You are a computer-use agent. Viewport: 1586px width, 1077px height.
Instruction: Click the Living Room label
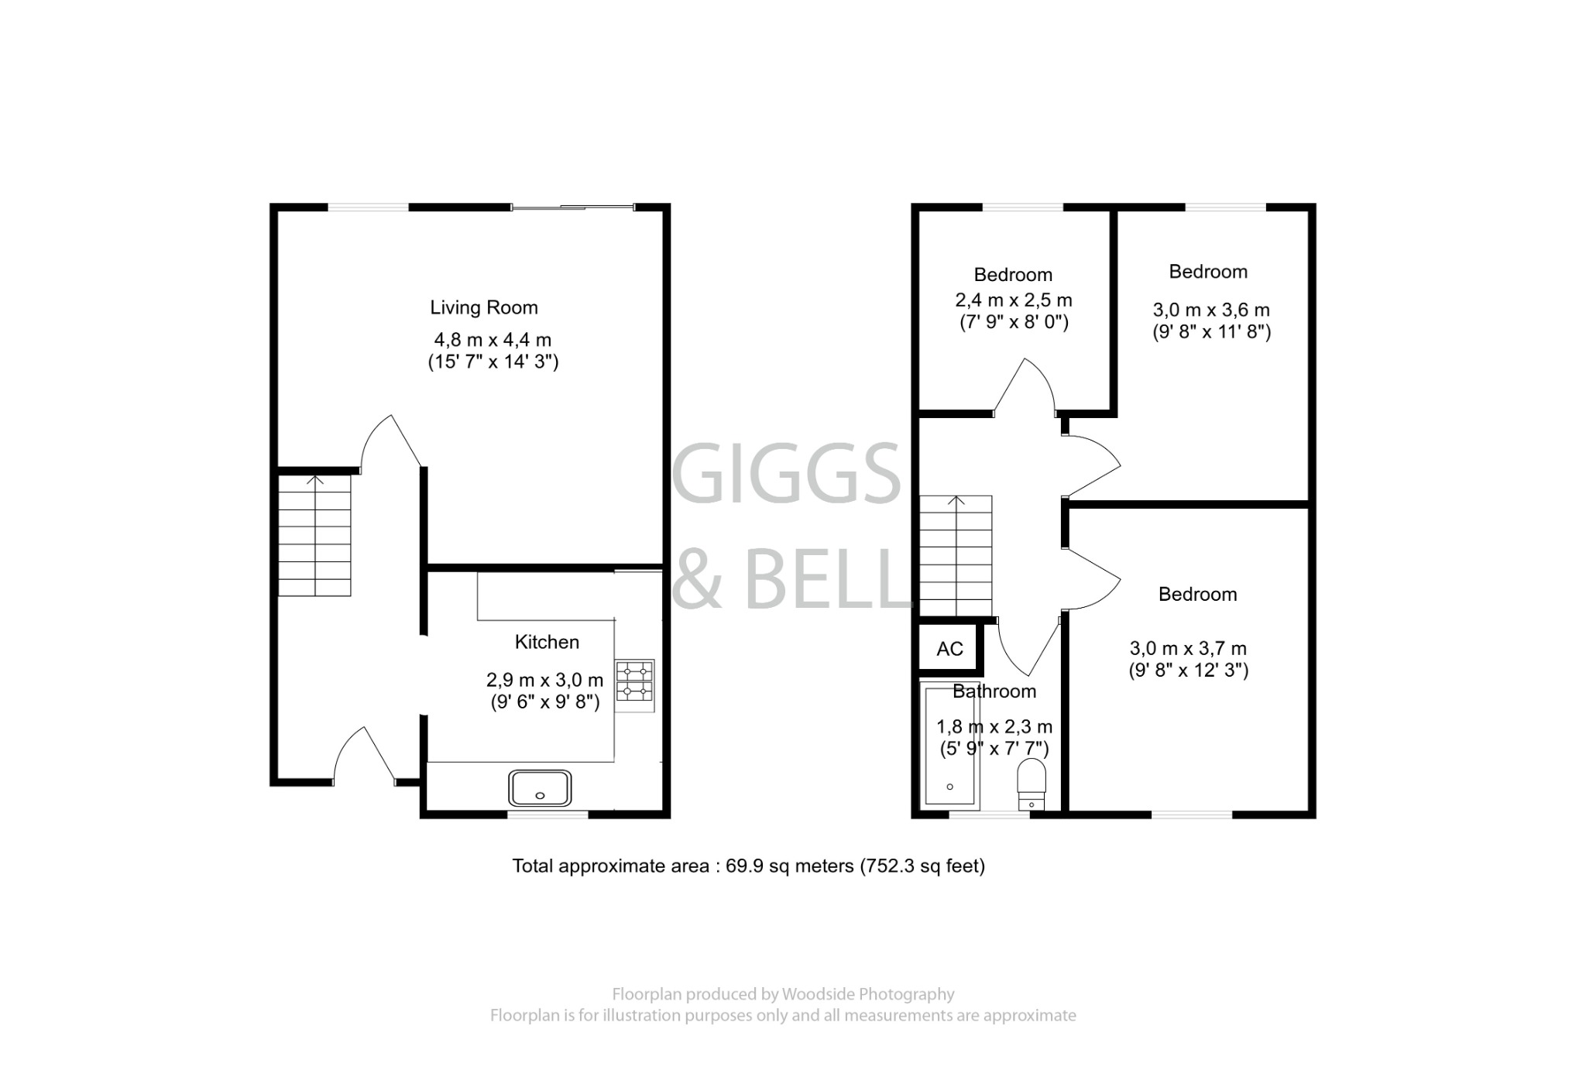(484, 307)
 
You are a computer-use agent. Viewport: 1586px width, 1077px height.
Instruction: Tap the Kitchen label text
(547, 642)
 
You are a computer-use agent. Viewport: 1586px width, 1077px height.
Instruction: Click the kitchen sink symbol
(540, 787)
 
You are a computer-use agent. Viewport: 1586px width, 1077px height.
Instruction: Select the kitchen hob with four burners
(635, 684)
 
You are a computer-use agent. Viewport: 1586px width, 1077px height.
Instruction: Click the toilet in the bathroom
(1031, 781)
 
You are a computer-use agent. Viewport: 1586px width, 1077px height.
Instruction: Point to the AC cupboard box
(950, 649)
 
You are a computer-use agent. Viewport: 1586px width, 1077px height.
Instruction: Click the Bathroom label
(994, 691)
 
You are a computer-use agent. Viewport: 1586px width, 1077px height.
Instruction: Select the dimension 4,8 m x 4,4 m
(493, 340)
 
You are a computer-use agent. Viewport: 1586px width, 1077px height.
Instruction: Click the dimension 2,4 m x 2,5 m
(1013, 300)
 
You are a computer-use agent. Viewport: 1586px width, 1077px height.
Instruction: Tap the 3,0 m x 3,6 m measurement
(1211, 310)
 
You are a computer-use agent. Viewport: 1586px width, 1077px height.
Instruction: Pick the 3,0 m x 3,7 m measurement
(1188, 649)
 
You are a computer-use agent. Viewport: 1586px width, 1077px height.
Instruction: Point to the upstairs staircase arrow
(956, 502)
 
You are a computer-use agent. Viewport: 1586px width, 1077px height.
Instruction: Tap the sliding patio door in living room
(572, 207)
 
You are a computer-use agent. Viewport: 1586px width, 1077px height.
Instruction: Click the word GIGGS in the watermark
(786, 474)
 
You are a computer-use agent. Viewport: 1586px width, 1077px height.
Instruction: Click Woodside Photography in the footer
(867, 994)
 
